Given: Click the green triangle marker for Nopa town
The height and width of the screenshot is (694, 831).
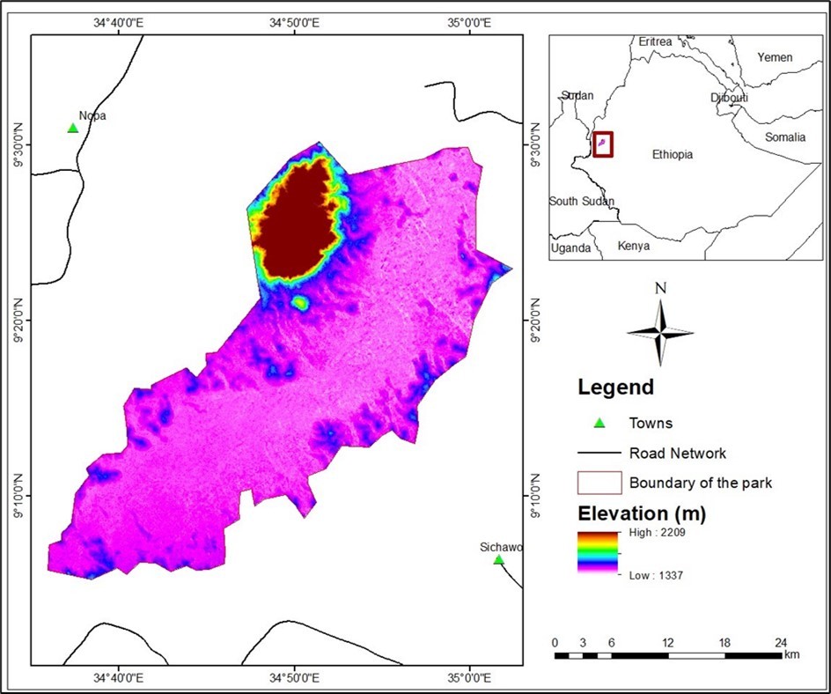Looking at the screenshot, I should (73, 129).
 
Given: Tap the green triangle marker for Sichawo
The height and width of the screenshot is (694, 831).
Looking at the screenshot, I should (499, 560).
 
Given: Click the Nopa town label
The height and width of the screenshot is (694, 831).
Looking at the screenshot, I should (92, 115).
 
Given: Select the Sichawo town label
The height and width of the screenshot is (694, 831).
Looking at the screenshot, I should (501, 547).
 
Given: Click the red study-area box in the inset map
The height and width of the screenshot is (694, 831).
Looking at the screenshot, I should (603, 144).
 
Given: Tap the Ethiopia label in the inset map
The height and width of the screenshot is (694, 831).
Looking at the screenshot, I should (672, 154).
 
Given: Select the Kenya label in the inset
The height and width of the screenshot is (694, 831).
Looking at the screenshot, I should (634, 246).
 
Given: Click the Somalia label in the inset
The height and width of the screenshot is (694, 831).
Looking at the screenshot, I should (784, 137).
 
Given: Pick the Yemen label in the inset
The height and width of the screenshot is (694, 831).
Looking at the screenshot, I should (775, 57).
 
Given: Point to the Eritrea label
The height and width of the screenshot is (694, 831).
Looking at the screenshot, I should (655, 42).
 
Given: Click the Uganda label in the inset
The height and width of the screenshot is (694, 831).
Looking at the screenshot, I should (570, 248).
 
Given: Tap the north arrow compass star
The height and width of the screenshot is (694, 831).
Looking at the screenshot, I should (660, 332).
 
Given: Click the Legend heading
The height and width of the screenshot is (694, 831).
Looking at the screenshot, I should (615, 387).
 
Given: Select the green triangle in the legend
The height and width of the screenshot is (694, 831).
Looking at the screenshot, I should (599, 423).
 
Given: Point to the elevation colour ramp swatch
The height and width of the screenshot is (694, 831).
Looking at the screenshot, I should (598, 553).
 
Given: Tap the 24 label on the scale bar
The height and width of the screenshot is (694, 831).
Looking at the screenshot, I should (781, 641).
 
